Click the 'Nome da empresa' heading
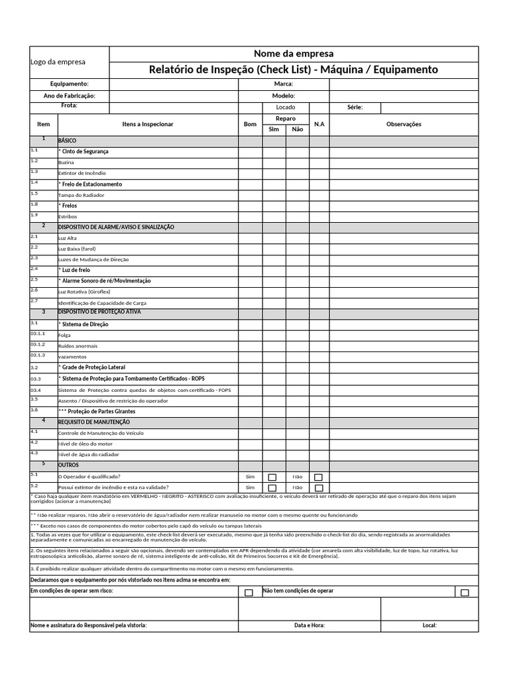click(293, 54)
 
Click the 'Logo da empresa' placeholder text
click(58, 62)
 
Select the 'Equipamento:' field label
click(70, 84)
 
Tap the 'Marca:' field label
click(283, 84)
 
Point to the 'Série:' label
click(355, 107)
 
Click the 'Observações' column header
click(404, 124)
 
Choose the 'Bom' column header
click(250, 124)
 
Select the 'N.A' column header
click(319, 124)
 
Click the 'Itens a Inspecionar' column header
click(148, 124)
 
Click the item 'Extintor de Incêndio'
click(82, 173)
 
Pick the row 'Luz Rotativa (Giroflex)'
click(85, 291)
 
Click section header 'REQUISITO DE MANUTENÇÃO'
click(94, 422)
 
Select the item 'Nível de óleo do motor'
click(85, 443)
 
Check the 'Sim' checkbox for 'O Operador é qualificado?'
click(272, 477)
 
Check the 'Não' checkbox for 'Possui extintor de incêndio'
click(319, 487)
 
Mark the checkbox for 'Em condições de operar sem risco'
click(249, 593)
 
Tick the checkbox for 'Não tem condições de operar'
click(465, 593)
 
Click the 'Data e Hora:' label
click(310, 625)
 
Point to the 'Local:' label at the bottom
click(429, 625)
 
